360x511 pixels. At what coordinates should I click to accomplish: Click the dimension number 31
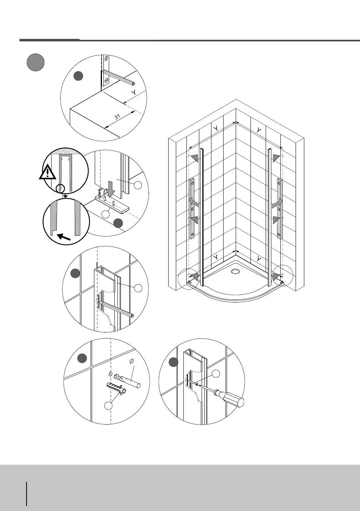[117, 117]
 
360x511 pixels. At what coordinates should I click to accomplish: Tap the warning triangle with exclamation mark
[47, 172]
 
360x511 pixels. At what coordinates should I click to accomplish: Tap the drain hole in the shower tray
[235, 271]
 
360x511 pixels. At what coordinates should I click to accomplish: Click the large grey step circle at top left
[36, 62]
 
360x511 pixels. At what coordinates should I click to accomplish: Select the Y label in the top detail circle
[134, 92]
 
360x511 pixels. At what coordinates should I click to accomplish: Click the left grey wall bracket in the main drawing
[192, 208]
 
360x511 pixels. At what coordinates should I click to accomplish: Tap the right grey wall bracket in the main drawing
[280, 208]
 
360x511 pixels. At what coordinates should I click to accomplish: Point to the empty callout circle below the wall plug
[109, 405]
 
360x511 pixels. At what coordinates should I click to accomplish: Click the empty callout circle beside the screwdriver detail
[216, 374]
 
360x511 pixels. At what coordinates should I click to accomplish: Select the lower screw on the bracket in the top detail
[106, 80]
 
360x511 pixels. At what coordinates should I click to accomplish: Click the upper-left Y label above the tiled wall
[216, 129]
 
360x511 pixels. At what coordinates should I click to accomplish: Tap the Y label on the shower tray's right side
[258, 259]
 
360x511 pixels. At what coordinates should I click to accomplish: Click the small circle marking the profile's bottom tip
[60, 188]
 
